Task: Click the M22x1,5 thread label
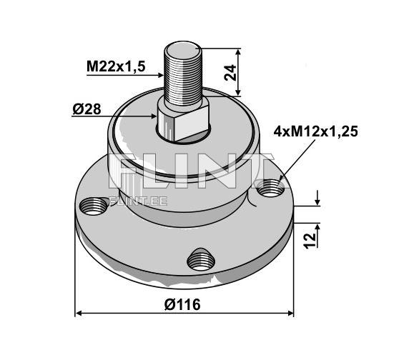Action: pyautogui.click(x=116, y=66)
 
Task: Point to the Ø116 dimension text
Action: pyautogui.click(x=182, y=304)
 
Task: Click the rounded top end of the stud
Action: pyautogui.click(x=185, y=49)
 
